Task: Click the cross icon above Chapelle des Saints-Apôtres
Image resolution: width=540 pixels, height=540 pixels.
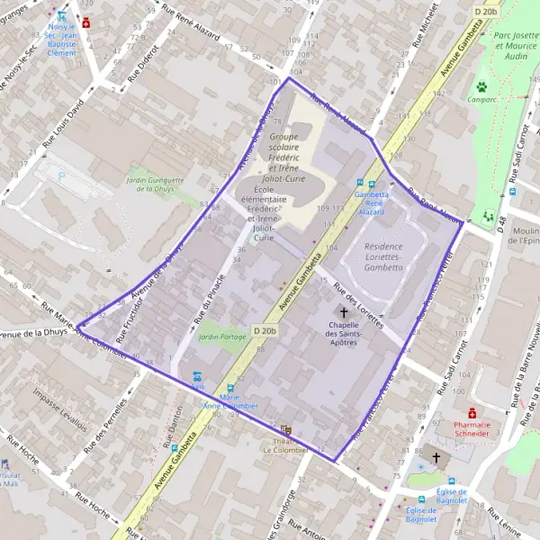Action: (x=344, y=310)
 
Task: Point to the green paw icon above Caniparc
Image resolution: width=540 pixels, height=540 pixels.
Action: (x=481, y=86)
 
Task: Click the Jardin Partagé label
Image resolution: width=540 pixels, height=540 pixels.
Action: (x=221, y=337)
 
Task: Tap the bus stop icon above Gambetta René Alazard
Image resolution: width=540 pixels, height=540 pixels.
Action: (x=360, y=184)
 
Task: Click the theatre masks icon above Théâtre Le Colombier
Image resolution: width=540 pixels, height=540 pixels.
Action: (x=287, y=430)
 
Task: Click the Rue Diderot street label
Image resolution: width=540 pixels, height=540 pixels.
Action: (x=143, y=64)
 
